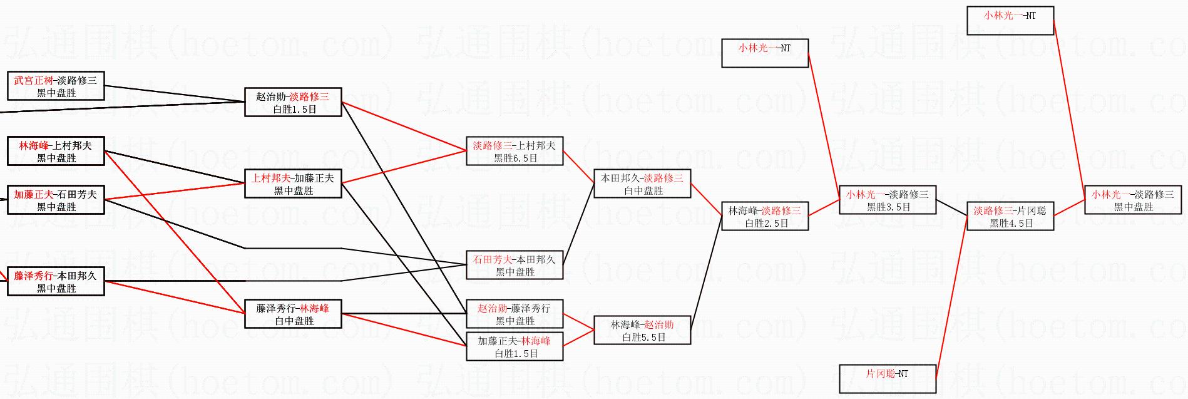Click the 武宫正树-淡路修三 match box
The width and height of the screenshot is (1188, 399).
pos(56,86)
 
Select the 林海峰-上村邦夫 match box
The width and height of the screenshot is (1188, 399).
pos(56,152)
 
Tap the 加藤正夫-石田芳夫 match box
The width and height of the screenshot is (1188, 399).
pos(56,200)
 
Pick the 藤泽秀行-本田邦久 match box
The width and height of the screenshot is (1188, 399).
pos(56,281)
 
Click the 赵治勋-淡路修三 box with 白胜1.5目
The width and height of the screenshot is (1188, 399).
pos(293,102)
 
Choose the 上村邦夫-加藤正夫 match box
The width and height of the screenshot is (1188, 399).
pos(293,184)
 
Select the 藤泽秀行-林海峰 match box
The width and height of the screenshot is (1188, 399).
pos(293,314)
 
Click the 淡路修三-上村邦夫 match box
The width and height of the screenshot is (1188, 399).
pos(515,151)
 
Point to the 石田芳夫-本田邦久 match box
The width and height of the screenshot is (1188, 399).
pos(515,265)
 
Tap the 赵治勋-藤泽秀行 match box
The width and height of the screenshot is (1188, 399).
pos(515,314)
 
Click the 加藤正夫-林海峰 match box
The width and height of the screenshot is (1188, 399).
pos(515,346)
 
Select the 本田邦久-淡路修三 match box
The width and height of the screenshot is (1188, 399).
pos(642,184)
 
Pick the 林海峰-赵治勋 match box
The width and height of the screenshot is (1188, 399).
pos(642,330)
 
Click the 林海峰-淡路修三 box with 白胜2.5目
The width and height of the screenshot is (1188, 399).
pos(765,216)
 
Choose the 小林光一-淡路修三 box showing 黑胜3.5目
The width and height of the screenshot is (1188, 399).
pos(888,200)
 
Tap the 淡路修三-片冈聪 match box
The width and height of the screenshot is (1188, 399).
pos(1010,216)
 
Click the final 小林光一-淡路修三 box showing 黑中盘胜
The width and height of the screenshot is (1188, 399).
pos(1133,200)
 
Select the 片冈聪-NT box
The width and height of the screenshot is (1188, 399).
pos(888,379)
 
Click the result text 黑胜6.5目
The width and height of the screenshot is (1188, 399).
pos(515,158)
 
